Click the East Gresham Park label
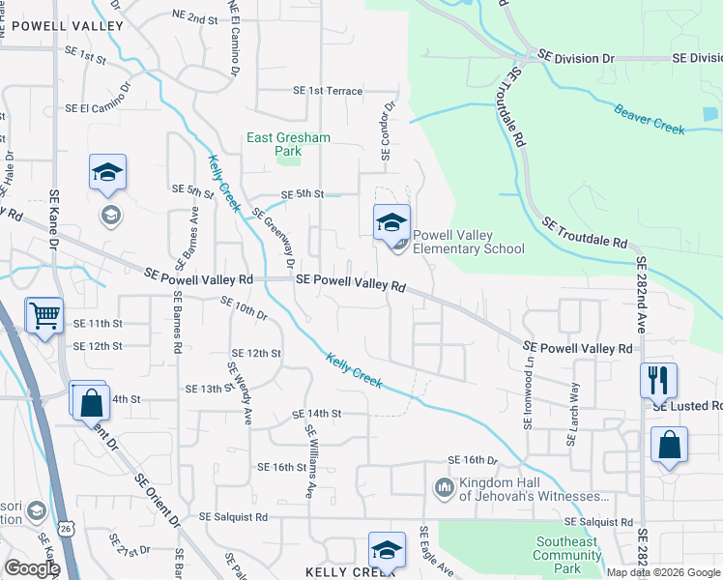[288, 144]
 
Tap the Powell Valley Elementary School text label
[469, 242]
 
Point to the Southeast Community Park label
[566, 548]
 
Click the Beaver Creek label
[650, 118]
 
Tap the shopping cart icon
[43, 316]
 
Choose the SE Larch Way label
[574, 414]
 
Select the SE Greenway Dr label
[274, 240]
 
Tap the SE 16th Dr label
[472, 460]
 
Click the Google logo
[31, 568]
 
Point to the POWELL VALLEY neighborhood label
[62, 24]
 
